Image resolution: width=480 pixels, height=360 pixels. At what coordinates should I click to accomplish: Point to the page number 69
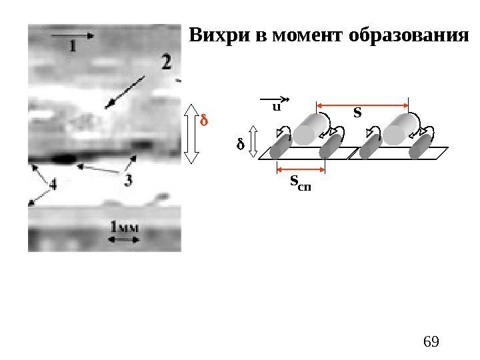pyautogui.click(x=431, y=342)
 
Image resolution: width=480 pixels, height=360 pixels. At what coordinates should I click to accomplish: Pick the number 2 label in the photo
pyautogui.click(x=165, y=63)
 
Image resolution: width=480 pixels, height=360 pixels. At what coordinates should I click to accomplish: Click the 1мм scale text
pyautogui.click(x=125, y=227)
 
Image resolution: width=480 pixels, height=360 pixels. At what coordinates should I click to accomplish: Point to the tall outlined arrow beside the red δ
pyautogui.click(x=191, y=133)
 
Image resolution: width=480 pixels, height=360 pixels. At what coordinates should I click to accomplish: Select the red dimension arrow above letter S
pyautogui.click(x=362, y=105)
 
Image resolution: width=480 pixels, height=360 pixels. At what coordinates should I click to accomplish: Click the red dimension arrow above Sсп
pyautogui.click(x=300, y=169)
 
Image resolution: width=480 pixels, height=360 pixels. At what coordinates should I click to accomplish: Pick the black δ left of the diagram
pyautogui.click(x=241, y=144)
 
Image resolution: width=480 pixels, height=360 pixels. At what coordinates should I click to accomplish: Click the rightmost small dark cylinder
pyautogui.click(x=421, y=148)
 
